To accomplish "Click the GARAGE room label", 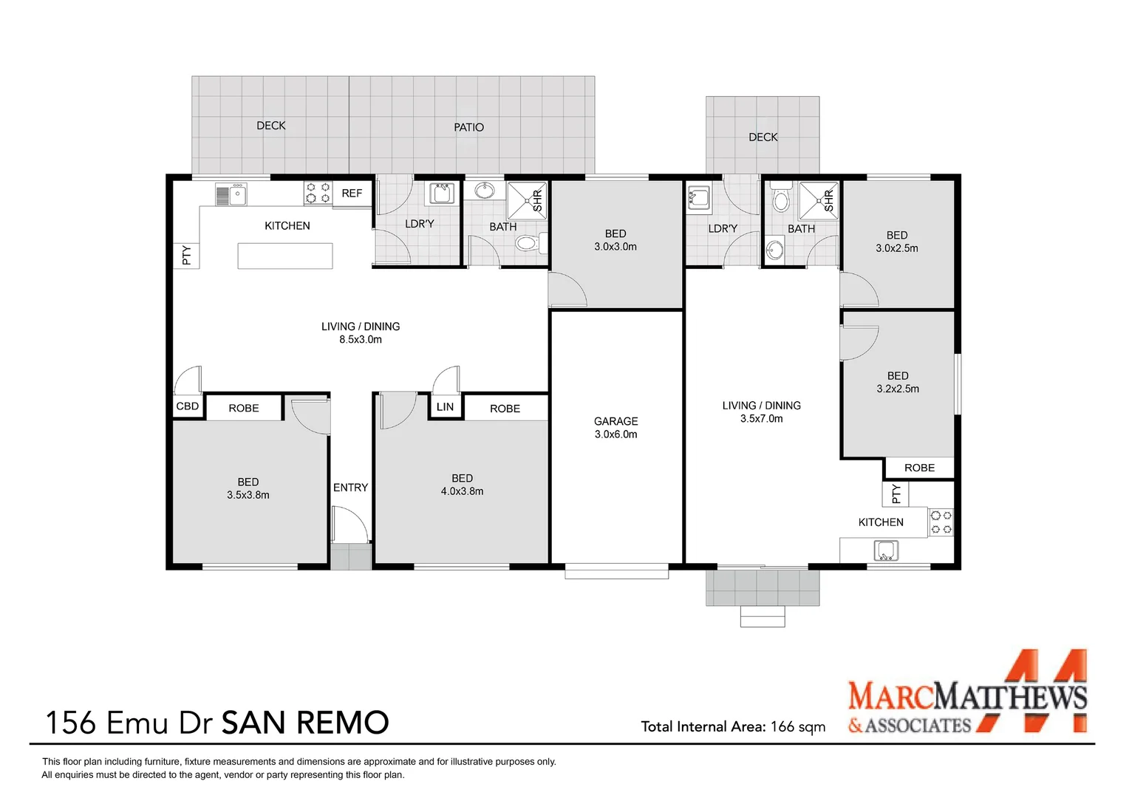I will click(615, 421).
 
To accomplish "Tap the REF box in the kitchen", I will click(352, 194).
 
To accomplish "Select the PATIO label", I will click(468, 128).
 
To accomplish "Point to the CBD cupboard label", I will click(188, 406).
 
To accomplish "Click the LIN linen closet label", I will click(445, 407).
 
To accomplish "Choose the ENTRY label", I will click(350, 488).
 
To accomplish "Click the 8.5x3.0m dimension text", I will click(361, 340).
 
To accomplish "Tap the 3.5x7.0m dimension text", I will click(762, 419).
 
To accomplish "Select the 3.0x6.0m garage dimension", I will click(615, 434).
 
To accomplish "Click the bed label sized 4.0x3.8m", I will click(462, 479).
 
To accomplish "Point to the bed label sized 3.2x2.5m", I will click(898, 376).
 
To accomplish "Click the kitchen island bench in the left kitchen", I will click(285, 256).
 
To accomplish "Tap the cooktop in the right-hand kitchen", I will click(941, 522).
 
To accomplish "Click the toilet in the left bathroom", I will click(528, 242).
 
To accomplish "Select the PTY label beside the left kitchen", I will click(186, 256).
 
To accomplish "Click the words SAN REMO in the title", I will click(305, 723).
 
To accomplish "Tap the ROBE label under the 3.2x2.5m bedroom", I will click(919, 468).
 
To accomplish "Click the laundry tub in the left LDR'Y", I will click(442, 194).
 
